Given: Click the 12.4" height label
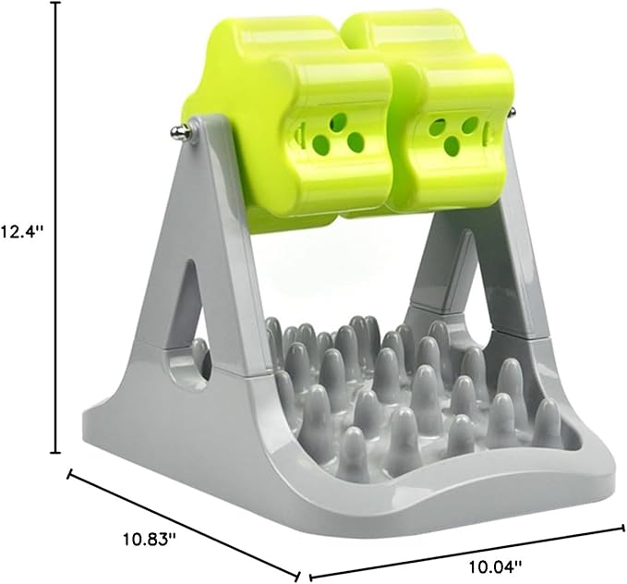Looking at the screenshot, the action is (x=21, y=231).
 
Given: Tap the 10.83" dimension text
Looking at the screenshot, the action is (x=149, y=539).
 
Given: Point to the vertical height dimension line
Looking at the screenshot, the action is (x=56, y=227).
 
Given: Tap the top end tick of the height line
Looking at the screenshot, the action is (x=56, y=3).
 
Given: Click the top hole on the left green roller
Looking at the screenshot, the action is (x=340, y=120).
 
